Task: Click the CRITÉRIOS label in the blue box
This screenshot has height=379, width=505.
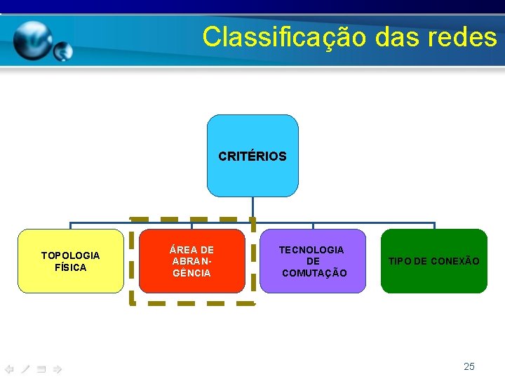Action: [252, 157]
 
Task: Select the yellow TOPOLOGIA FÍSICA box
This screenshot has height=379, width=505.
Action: [70, 261]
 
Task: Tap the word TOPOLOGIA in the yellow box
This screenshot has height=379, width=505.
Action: [70, 255]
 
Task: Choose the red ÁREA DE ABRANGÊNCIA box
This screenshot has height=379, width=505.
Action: [191, 261]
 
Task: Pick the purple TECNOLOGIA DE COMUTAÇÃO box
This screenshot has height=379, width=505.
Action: [313, 261]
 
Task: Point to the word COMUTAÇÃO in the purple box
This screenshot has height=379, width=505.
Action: [314, 273]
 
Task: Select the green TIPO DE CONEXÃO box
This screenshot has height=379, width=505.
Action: [433, 261]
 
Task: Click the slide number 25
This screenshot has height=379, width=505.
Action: [469, 366]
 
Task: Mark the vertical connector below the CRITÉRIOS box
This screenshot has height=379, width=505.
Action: [252, 210]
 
